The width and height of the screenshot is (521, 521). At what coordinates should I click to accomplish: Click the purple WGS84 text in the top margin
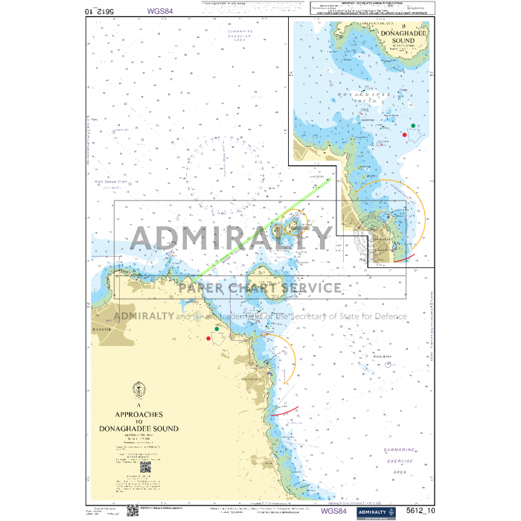pyautogui.click(x=160, y=12)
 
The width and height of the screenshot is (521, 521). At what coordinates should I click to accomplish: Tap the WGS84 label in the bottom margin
pyautogui.click(x=334, y=511)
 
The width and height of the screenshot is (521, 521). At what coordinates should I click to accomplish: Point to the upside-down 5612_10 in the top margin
pyautogui.click(x=100, y=12)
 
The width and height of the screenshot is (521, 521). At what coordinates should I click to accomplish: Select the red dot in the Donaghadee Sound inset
pyautogui.click(x=404, y=135)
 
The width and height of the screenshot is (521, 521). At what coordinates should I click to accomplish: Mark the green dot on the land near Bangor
pyautogui.click(x=217, y=328)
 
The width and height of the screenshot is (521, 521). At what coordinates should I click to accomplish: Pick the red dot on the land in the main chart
pyautogui.click(x=208, y=339)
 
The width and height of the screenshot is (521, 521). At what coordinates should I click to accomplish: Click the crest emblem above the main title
pyautogui.click(x=138, y=390)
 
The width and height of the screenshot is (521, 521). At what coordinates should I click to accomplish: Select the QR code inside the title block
pyautogui.click(x=145, y=468)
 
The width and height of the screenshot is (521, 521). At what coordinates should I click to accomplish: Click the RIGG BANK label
pyautogui.click(x=381, y=358)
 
